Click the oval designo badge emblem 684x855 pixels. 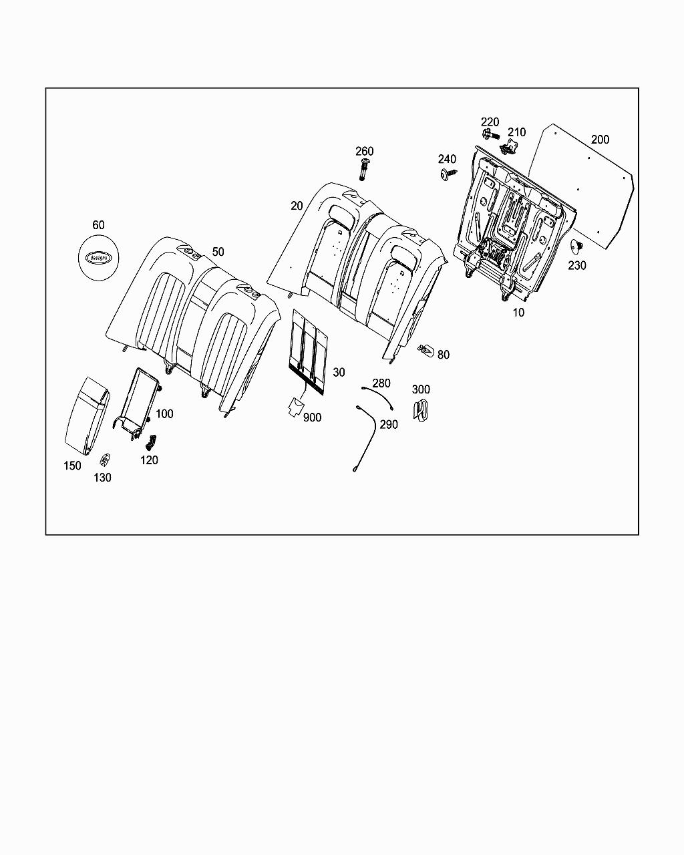click(x=98, y=256)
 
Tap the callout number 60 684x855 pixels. click(x=98, y=226)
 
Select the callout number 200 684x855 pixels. click(x=600, y=140)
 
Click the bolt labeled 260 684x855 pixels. click(x=363, y=170)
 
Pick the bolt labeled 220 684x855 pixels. click(x=490, y=135)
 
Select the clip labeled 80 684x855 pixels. click(x=425, y=349)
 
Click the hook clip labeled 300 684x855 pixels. click(x=420, y=410)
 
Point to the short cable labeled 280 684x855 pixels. click(x=377, y=395)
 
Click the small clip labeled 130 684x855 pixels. click(x=105, y=460)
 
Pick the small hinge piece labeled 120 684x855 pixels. click(x=150, y=442)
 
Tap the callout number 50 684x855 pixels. click(x=218, y=252)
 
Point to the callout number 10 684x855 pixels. click(x=518, y=312)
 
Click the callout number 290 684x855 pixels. click(x=389, y=425)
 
